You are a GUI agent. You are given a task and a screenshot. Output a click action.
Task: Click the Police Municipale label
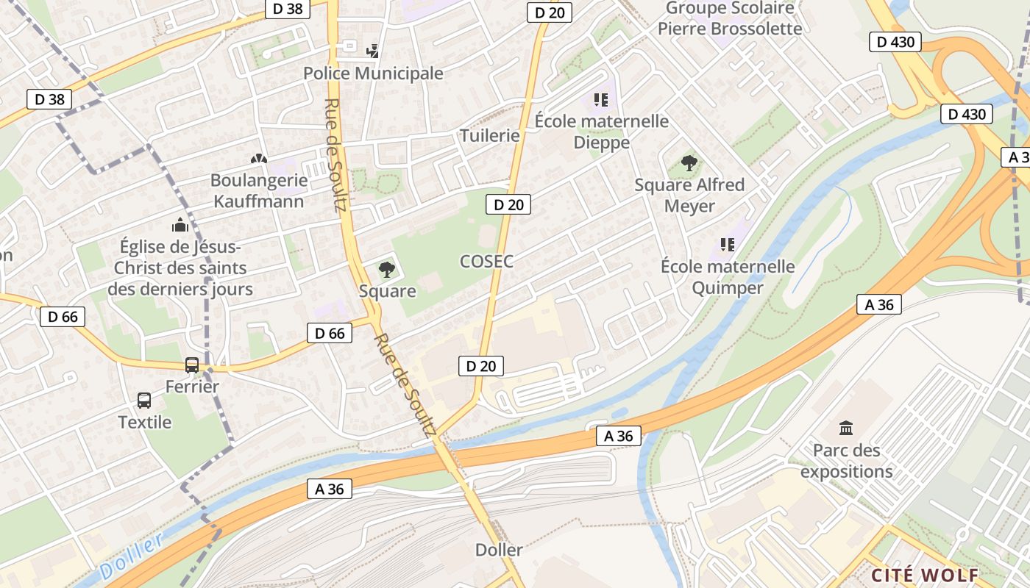coord(373,73)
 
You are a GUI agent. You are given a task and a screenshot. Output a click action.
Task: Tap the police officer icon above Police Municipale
coord(373,51)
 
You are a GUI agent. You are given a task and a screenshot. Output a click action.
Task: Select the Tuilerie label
coord(489,135)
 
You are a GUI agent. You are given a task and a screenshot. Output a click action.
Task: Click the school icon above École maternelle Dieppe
coord(601,99)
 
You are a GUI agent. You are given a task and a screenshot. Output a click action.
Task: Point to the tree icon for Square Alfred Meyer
coord(689,162)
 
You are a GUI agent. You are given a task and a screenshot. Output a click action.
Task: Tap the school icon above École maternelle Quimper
coord(728,244)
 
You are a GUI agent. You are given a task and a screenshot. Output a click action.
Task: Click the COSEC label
coord(486,261)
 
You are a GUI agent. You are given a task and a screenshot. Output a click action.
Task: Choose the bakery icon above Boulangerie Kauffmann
coord(258,158)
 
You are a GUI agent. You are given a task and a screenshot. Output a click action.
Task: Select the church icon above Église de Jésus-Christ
coord(180,224)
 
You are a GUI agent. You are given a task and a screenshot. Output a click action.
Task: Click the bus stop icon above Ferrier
coord(192,365)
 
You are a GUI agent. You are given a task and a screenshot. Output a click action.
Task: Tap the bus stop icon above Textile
coord(144,401)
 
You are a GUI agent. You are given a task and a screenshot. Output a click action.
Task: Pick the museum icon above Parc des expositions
coord(846,428)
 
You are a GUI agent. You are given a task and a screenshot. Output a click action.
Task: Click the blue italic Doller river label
coord(131,557)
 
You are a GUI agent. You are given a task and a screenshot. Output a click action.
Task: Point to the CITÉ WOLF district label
coord(925,575)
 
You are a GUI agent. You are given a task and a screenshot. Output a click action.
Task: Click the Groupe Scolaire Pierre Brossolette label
coord(730,18)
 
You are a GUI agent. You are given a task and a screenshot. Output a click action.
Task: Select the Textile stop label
coord(145,422)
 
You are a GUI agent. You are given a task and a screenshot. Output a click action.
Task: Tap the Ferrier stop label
coord(192,387)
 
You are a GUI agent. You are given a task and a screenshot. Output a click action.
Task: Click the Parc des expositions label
coord(846,461)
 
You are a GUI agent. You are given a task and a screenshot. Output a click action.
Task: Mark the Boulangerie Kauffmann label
coord(258,190)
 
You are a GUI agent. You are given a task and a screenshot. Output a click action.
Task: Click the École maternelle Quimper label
coord(728,276)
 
